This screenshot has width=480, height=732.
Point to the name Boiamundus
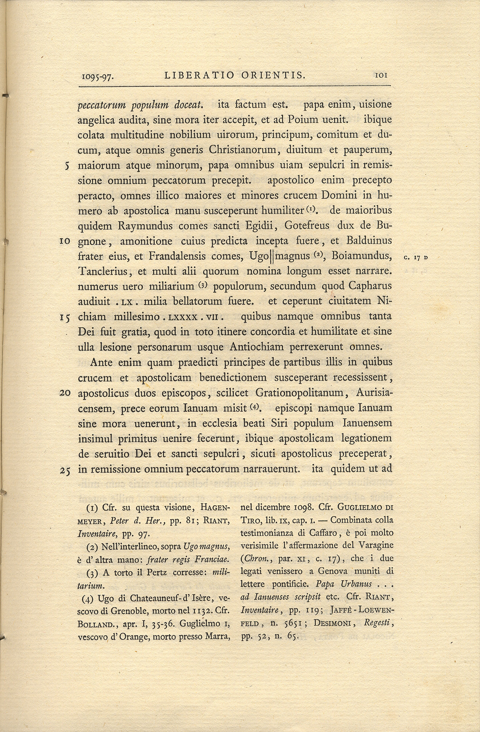(x=364, y=256)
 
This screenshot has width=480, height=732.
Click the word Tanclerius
(x=103, y=272)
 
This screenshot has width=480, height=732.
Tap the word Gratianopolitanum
(x=304, y=393)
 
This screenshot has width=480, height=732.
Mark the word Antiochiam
(x=257, y=347)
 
